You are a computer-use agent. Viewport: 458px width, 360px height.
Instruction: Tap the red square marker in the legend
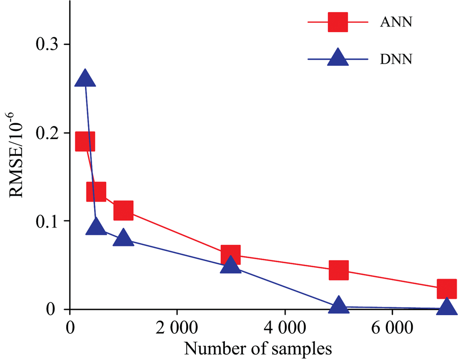(x=338, y=22)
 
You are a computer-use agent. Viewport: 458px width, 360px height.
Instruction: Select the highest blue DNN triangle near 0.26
(x=85, y=80)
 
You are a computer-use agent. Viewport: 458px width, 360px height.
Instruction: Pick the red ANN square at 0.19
(x=85, y=141)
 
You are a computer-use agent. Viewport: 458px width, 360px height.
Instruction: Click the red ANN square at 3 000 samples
(x=231, y=254)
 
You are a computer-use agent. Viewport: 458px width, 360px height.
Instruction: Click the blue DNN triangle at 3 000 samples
(x=231, y=265)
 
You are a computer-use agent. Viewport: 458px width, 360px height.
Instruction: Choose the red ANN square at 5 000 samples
(x=338, y=270)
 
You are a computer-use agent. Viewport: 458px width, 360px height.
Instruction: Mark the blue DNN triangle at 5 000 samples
(x=338, y=306)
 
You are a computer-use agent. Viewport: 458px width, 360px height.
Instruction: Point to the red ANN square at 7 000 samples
(x=446, y=289)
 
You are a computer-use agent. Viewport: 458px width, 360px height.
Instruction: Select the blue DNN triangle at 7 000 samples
(x=446, y=307)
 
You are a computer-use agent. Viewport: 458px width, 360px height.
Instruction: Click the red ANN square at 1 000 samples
(x=123, y=210)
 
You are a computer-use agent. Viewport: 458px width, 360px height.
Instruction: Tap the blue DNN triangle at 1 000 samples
(x=123, y=238)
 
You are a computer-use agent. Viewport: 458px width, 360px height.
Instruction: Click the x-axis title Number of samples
(x=258, y=349)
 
